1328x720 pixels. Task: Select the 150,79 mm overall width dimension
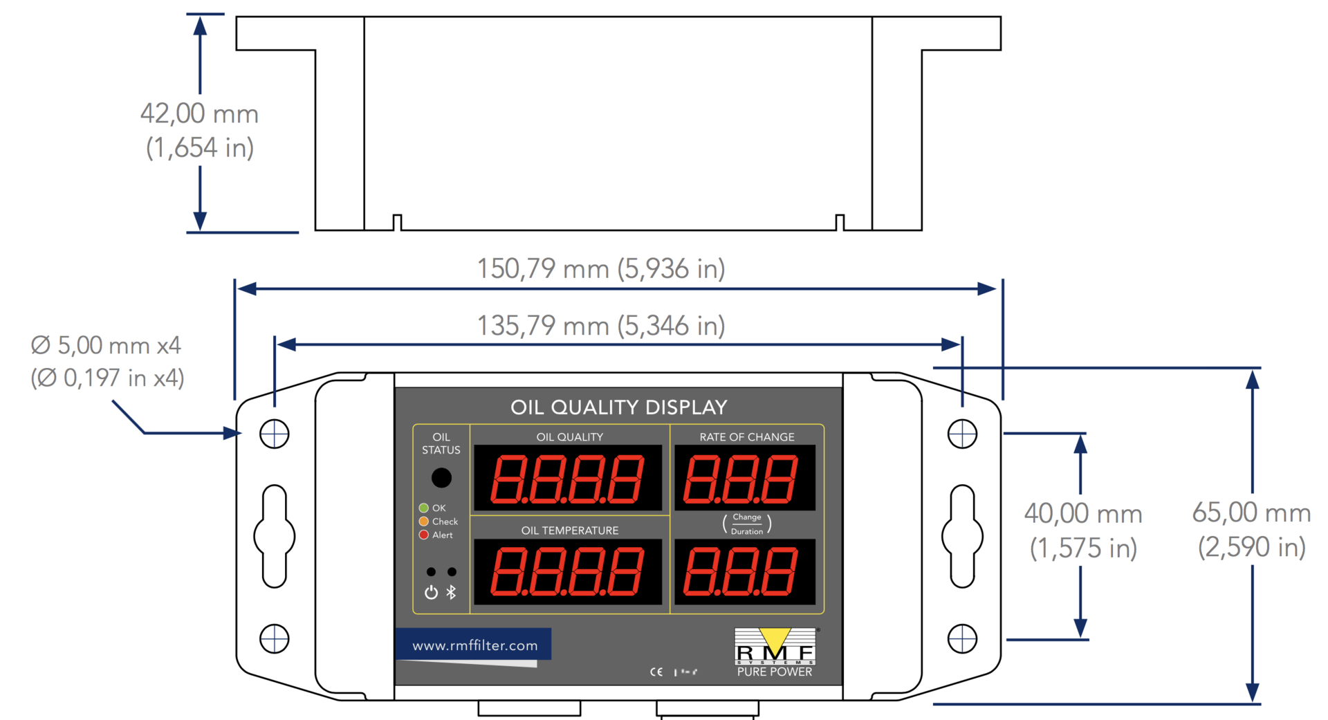600,268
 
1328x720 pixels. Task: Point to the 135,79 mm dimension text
600,325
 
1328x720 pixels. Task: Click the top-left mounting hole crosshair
275,434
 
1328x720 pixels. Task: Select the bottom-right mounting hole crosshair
962,638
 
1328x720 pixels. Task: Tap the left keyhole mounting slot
275,536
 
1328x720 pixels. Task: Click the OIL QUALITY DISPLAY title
618,407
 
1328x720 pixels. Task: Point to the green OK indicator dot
424,508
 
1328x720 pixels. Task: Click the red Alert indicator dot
424,535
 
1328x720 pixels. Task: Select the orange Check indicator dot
424,521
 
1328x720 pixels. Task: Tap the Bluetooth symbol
452,592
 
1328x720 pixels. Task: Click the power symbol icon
431,592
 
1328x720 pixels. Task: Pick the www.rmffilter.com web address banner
474,645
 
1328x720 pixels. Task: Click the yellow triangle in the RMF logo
775,638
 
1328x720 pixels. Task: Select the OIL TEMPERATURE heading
570,530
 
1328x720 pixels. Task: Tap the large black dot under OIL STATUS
441,477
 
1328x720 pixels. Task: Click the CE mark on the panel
656,672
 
